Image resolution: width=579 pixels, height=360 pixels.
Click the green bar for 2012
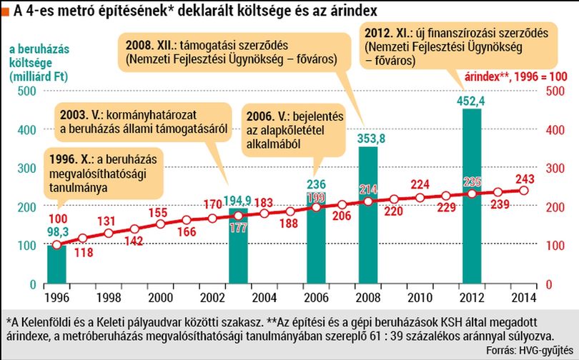click(472, 196)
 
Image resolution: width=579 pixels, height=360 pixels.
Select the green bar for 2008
click(368, 215)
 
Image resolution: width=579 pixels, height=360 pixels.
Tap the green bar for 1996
click(57, 264)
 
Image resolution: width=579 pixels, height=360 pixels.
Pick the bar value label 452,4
click(471, 101)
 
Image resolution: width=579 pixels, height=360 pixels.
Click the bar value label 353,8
click(371, 139)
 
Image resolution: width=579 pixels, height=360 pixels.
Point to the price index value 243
click(525, 179)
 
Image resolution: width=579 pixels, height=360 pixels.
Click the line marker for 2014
click(524, 190)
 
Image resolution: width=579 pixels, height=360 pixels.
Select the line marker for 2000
click(161, 224)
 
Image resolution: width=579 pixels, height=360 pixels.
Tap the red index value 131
click(107, 221)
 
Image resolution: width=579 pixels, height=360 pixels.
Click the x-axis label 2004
click(264, 298)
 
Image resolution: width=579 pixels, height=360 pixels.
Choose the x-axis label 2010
click(420, 298)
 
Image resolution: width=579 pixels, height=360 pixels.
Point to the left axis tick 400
click(27, 130)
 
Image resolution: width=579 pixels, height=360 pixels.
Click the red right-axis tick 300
click(555, 169)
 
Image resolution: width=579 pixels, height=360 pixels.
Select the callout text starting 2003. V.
click(144, 121)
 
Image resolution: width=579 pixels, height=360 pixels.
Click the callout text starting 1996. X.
click(103, 174)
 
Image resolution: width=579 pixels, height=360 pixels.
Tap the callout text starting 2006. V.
click(295, 130)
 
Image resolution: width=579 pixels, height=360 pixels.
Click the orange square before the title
click(6, 12)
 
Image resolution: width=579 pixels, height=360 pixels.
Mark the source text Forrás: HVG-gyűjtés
click(530, 350)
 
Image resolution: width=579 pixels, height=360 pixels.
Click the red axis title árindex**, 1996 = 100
click(516, 76)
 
